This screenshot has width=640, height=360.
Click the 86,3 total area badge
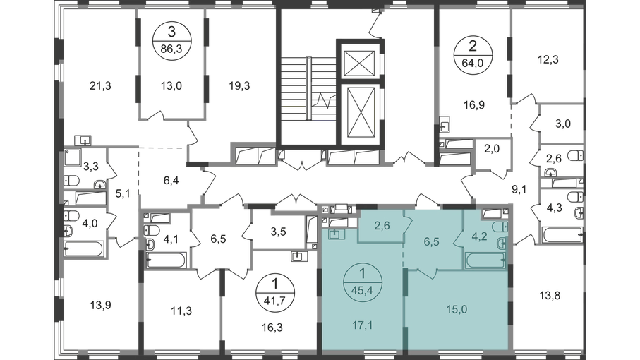[171, 41]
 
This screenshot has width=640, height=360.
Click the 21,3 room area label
[100, 86]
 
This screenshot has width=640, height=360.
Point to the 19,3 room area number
[239, 86]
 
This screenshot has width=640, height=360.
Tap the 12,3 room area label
[548, 59]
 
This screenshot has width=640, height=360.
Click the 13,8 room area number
[550, 296]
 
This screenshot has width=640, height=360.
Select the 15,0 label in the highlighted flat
[457, 309]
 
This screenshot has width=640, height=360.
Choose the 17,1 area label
[362, 325]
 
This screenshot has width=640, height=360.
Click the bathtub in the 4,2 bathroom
[485, 260]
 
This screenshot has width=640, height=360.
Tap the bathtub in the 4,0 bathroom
[85, 248]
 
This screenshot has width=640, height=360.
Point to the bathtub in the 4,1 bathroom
[167, 260]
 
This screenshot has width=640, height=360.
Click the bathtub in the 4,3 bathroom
[562, 235]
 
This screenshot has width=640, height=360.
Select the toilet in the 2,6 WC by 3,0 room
[576, 155]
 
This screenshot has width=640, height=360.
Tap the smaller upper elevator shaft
[359, 64]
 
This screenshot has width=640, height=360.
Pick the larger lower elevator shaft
[360, 114]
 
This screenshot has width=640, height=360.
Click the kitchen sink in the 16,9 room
[444, 124]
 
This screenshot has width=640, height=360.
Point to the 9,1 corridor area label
[519, 189]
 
